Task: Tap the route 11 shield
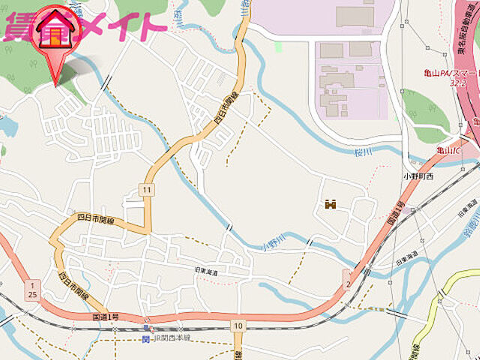pyautogui.click(x=146, y=190)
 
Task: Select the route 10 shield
pyautogui.click(x=238, y=325)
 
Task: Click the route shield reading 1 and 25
pyautogui.click(x=32, y=290)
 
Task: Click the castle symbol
pyautogui.click(x=330, y=203)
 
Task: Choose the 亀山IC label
pyautogui.click(x=447, y=151)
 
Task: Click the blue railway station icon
pyautogui.click(x=145, y=339)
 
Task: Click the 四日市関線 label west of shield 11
pyautogui.click(x=95, y=220)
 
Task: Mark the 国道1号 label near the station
pyautogui.click(x=106, y=318)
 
